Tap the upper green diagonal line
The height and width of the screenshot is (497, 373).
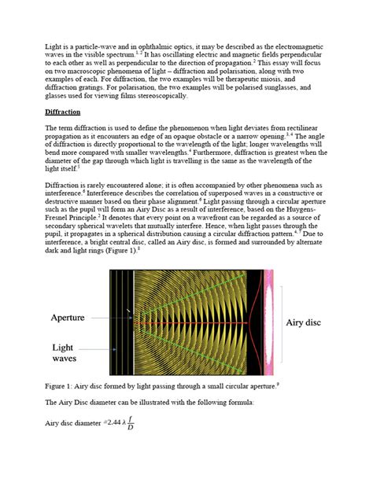pos(197,299)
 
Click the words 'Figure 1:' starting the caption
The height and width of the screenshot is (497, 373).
pos(58,385)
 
